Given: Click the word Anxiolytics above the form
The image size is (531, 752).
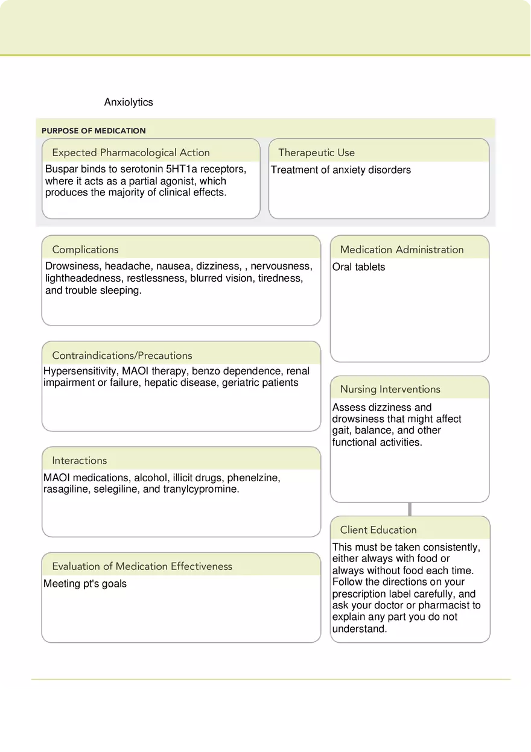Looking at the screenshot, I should pos(129,103).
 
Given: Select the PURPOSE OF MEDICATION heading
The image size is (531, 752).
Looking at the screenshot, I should pos(94,131).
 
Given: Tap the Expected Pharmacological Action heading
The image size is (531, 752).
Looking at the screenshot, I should pos(131,153).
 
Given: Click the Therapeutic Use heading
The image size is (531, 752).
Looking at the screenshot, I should pos(316,153).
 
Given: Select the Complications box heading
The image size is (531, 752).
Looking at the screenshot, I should pos(85,250).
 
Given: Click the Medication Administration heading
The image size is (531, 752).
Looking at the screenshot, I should pos(402,250).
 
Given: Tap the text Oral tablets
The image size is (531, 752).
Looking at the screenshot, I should pos(358,267).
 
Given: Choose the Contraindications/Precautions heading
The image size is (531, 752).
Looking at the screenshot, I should pos(122,356).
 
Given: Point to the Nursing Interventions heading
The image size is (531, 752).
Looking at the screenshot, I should pos(390,390).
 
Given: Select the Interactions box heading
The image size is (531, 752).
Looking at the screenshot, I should pos(79,461).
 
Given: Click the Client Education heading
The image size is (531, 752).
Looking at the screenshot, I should pos(378,530).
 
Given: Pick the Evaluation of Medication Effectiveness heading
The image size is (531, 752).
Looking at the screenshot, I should pos(142,566).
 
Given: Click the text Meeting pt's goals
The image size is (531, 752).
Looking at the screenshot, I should pos(85,584).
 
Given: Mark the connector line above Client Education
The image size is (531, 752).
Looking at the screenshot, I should pos(410,509).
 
